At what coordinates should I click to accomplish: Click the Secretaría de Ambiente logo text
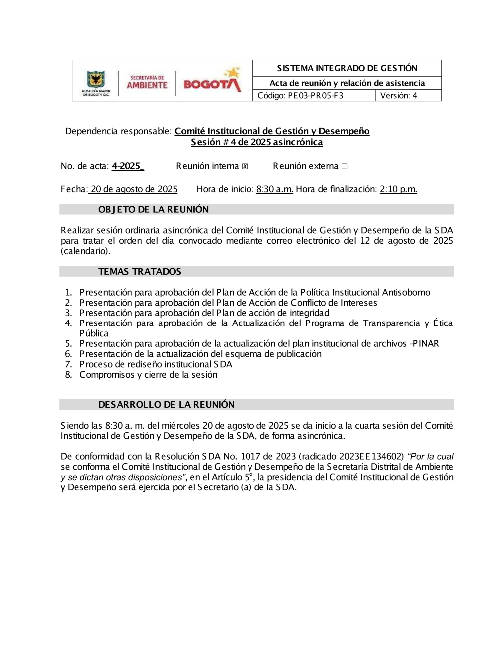point(147,83)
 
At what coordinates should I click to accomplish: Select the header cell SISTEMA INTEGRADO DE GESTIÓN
point(347,68)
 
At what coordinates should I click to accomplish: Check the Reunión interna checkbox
point(245,167)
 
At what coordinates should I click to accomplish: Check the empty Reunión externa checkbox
point(344,167)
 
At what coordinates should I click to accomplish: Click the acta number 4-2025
point(127,166)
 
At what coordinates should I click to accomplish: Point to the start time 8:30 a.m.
point(274,189)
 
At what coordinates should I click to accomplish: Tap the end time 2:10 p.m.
point(398,189)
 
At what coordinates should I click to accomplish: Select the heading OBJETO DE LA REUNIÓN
point(153,210)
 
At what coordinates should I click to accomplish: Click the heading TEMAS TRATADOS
point(139,272)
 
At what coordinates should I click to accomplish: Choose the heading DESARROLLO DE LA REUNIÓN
point(166,405)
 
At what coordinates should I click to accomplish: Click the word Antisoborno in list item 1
point(406,293)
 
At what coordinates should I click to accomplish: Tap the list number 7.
point(68,365)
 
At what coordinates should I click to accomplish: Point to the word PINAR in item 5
point(426,344)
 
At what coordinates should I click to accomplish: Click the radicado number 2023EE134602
point(371,457)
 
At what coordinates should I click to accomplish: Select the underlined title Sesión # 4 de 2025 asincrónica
point(256,142)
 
